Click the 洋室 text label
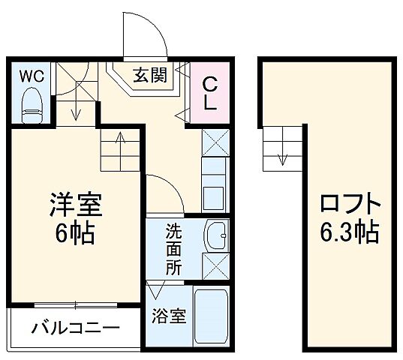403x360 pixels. coord(74,205)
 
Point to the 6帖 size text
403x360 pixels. coord(74,233)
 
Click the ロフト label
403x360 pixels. coord(350,205)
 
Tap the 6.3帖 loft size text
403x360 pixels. coord(350,232)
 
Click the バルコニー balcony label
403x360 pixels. coord(75,328)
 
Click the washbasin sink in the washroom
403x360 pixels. coord(216,235)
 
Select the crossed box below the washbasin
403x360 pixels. coord(216,265)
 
